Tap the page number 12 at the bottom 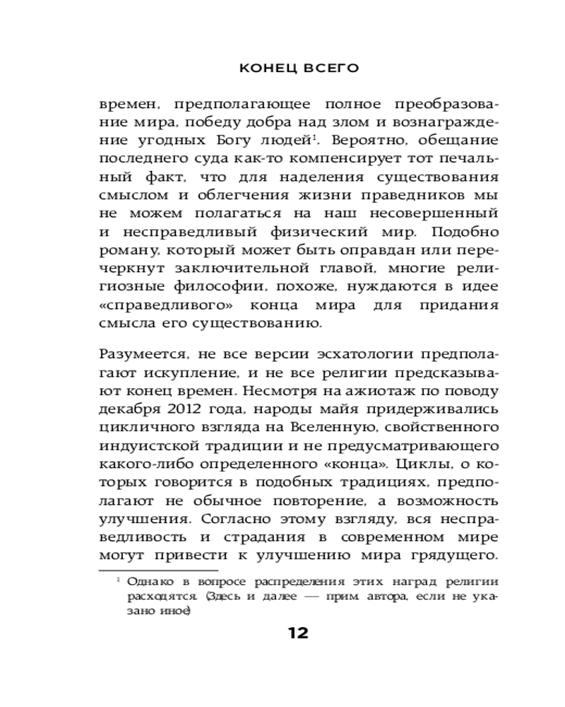(x=298, y=633)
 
